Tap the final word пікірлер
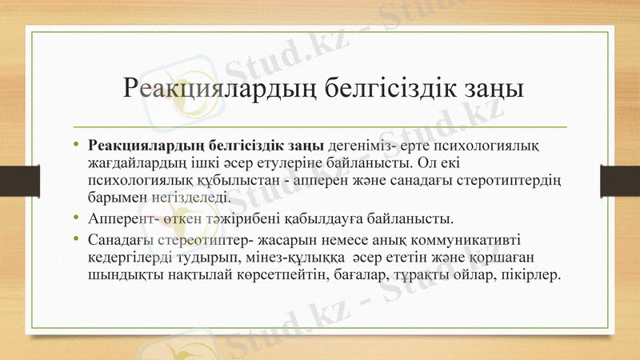click(x=534, y=273)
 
